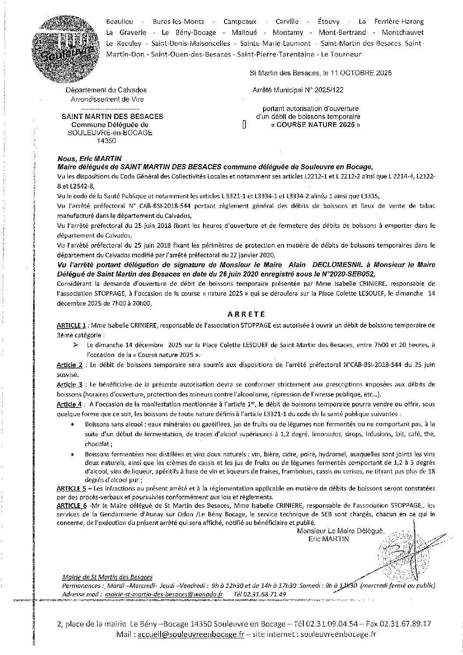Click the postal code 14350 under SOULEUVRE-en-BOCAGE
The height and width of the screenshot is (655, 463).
point(107,141)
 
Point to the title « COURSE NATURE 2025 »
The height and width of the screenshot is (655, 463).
point(315,124)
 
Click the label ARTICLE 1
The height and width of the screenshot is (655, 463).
point(71,326)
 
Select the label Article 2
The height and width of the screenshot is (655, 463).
point(70,364)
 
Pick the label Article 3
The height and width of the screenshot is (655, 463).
point(70,384)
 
